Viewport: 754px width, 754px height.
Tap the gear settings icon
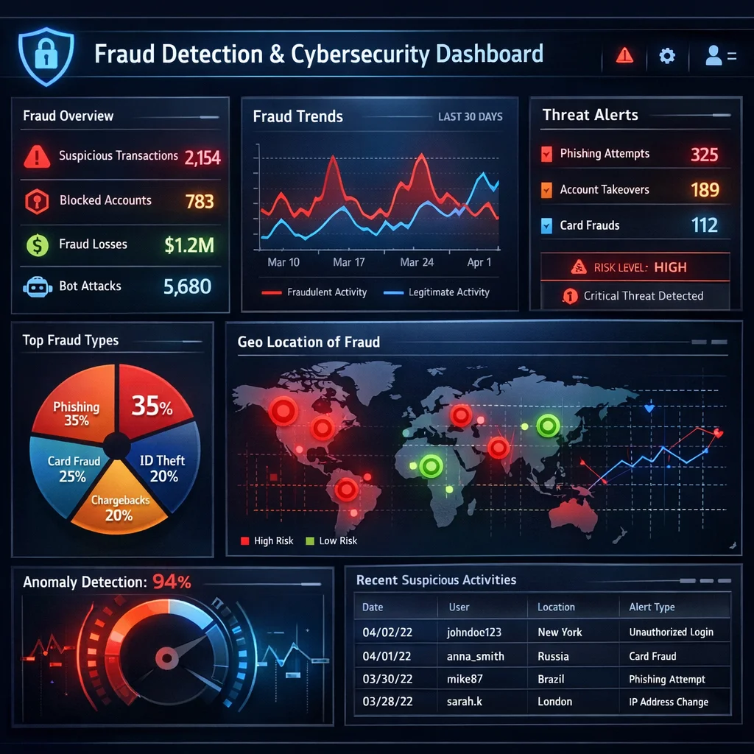point(667,56)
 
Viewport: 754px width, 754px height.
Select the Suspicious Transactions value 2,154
point(202,157)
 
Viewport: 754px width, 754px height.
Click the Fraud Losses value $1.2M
point(189,244)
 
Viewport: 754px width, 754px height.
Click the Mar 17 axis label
point(349,262)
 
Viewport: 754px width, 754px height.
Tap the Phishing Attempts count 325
point(704,155)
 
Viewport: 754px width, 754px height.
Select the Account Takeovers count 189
point(705,190)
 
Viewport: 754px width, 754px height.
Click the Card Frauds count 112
point(705,225)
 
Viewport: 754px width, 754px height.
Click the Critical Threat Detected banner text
point(643,296)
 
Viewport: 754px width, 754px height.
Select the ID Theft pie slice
point(163,468)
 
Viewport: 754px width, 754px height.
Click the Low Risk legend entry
point(338,541)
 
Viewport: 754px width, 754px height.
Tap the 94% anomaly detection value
point(172,582)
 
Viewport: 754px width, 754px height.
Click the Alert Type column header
point(652,607)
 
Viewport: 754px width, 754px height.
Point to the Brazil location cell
point(551,679)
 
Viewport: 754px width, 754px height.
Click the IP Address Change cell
point(669,702)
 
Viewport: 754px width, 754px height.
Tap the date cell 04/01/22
point(387,656)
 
